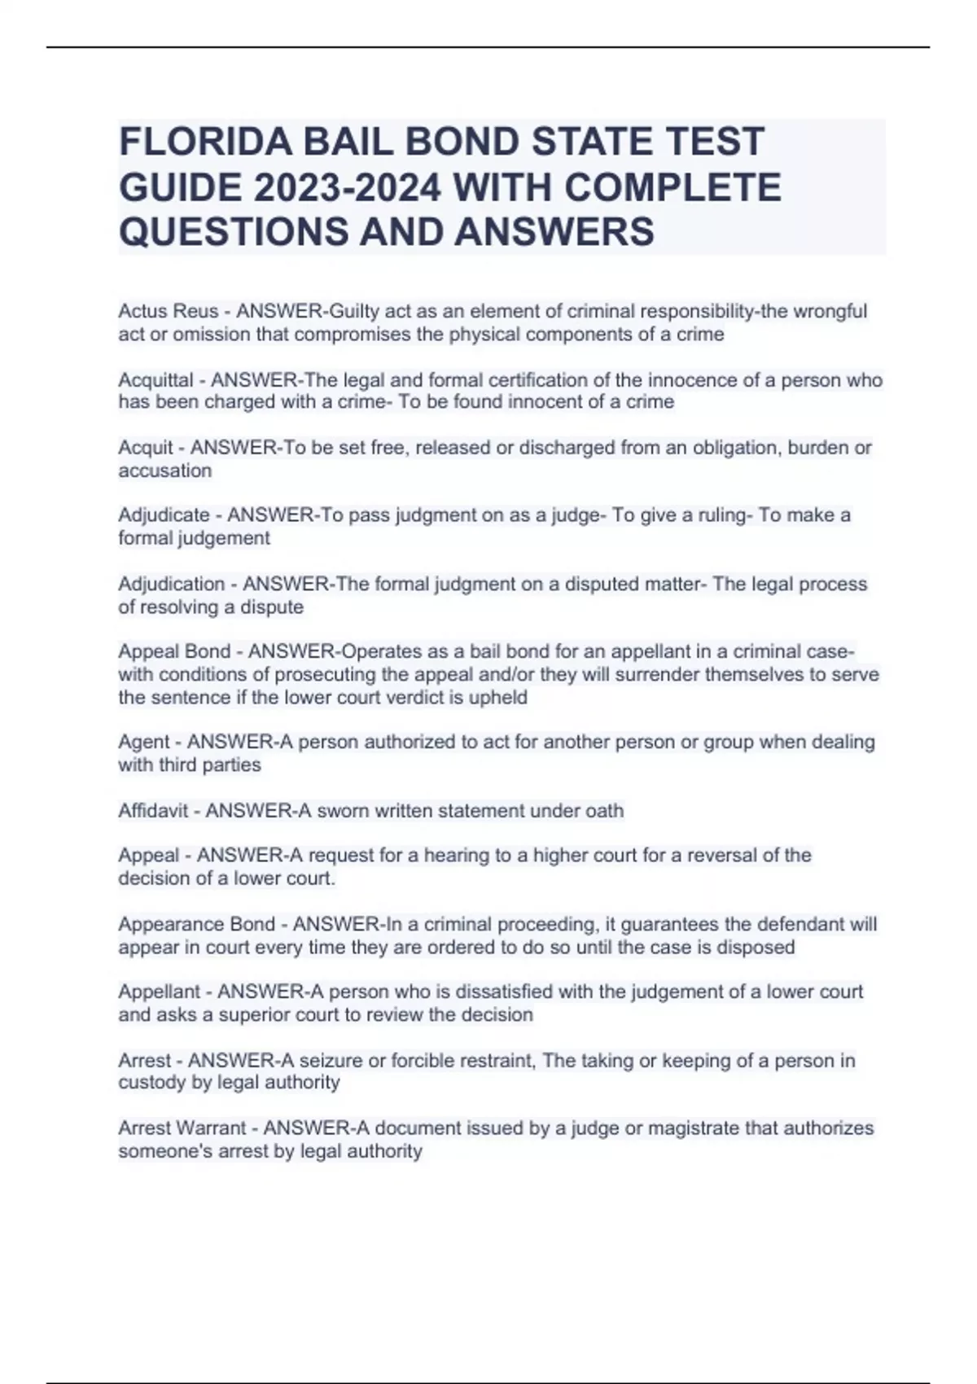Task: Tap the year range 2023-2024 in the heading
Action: [349, 187]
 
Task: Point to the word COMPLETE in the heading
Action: [672, 187]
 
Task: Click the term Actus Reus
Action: [169, 312]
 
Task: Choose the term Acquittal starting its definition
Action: [156, 380]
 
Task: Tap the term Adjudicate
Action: [164, 515]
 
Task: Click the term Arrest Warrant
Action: [182, 1128]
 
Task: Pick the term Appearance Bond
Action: [197, 925]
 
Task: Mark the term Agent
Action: [144, 742]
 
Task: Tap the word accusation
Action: [165, 471]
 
